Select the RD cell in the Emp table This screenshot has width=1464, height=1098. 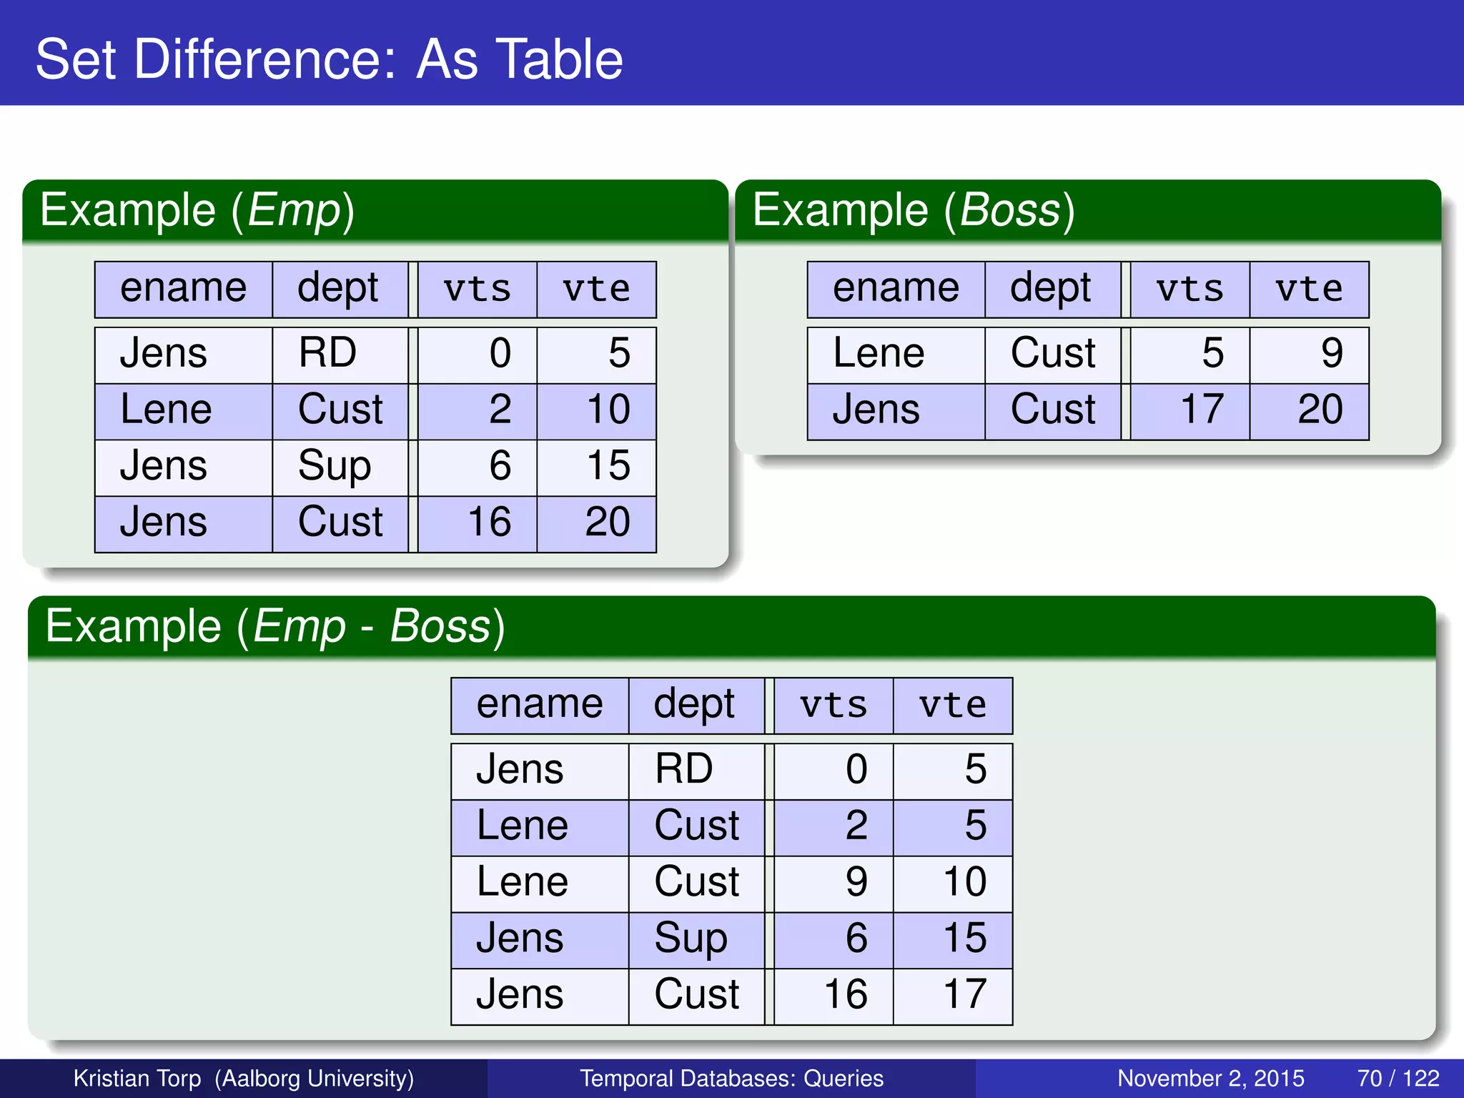(x=327, y=353)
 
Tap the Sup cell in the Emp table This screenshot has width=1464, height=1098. (x=335, y=466)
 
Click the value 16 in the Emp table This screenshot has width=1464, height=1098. (x=489, y=522)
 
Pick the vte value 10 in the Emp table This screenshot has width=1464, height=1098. (x=608, y=410)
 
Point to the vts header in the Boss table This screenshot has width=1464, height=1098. (x=1189, y=290)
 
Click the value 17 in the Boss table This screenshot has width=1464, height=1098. (x=1202, y=410)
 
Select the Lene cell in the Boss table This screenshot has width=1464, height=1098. (x=879, y=353)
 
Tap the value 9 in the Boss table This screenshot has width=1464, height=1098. (x=1331, y=353)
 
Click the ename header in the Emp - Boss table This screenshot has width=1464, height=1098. (x=540, y=705)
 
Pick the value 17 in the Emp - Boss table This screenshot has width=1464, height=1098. (x=964, y=994)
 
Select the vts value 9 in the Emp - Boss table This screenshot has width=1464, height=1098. (x=856, y=882)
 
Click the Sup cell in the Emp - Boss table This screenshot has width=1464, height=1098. (x=691, y=939)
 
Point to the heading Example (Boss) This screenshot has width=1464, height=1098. (x=913, y=211)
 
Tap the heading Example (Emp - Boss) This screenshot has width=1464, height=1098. (x=275, y=627)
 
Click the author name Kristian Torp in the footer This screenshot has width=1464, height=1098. (x=137, y=1078)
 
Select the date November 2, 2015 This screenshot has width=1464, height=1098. (x=1210, y=1078)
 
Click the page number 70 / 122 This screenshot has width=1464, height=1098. (x=1398, y=1078)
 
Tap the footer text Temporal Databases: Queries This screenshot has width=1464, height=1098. (x=731, y=1078)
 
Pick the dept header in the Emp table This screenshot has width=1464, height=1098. (x=337, y=289)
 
